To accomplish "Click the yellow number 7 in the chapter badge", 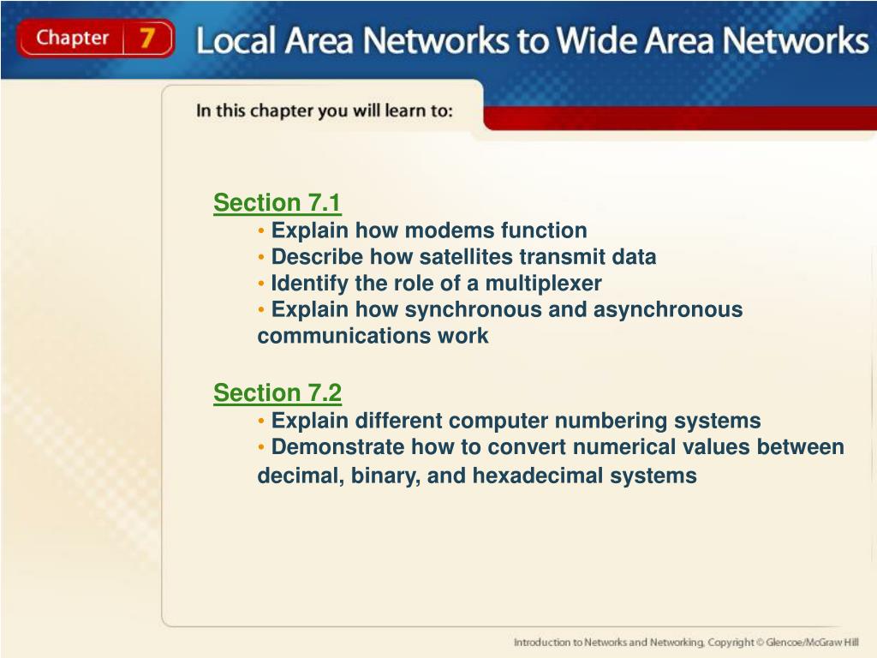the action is coord(147,38).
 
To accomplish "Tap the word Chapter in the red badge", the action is coord(73,38).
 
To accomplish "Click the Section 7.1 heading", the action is coord(277,202).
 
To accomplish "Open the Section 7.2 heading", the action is coord(277,392).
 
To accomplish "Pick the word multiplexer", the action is coord(543,283).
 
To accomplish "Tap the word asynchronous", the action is coord(668,309).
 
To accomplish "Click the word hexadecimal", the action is coord(538,476).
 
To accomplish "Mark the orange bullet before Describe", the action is coord(261,257).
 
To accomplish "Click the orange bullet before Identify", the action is coord(261,284).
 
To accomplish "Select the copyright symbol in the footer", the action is coord(761,643).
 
